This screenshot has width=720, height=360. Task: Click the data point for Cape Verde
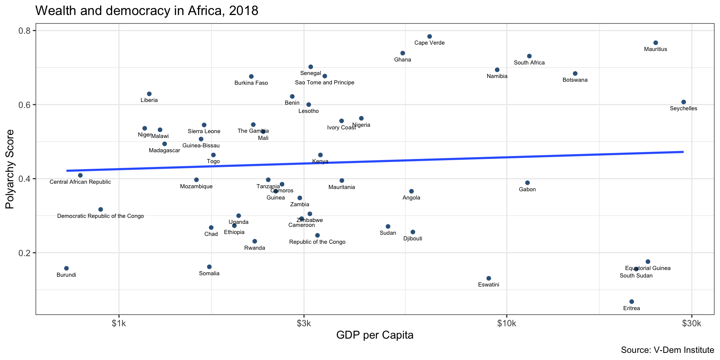tap(429, 36)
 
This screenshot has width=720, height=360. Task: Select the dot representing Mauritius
tap(655, 43)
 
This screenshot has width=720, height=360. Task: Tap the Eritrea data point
tap(631, 301)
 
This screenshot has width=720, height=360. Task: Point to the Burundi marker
tap(66, 268)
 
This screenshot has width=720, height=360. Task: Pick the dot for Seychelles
tap(684, 102)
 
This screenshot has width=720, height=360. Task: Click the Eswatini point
tap(489, 278)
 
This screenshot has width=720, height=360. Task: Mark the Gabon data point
tap(527, 183)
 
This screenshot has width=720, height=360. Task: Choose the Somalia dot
tap(209, 267)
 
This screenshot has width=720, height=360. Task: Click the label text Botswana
tap(575, 80)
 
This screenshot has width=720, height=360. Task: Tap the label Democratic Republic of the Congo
tap(100, 216)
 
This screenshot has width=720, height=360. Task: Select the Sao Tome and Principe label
tap(325, 82)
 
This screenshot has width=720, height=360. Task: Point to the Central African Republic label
tap(80, 182)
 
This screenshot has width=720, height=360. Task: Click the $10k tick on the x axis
tap(507, 323)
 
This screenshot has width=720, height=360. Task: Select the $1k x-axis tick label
tap(119, 323)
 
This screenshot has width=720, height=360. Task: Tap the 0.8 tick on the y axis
tap(24, 31)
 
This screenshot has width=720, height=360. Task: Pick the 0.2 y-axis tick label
tap(24, 253)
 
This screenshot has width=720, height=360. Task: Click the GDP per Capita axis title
tap(375, 335)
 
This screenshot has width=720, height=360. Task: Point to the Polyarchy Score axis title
tap(10, 169)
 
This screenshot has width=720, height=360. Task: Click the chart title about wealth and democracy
tap(147, 10)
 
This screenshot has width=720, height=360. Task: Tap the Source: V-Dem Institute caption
tap(667, 350)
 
